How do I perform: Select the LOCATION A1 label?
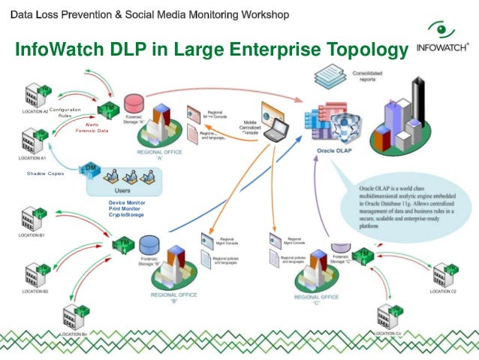pos(35,159)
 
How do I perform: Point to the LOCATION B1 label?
pos(32,235)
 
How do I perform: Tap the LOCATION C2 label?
pos(443,290)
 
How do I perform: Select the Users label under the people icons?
pos(122,190)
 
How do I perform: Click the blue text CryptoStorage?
pos(125,215)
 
